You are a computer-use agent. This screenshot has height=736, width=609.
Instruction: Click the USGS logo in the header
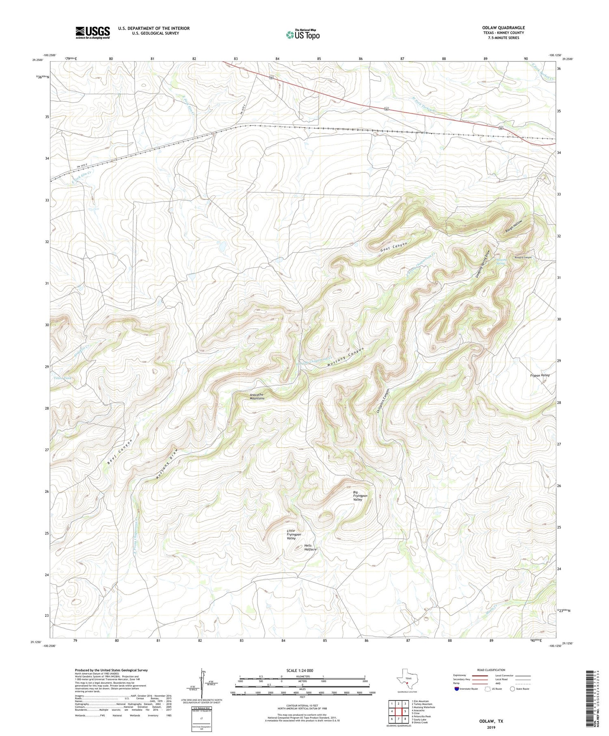[x=93, y=32]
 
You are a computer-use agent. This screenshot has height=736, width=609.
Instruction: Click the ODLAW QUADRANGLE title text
[x=503, y=28]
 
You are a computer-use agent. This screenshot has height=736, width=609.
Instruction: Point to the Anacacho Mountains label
[x=257, y=396]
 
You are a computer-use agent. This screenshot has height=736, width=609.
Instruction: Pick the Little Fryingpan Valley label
[x=291, y=534]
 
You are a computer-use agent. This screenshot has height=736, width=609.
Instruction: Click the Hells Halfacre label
[x=310, y=547]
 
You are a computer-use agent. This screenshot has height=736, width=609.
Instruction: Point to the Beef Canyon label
[x=120, y=452]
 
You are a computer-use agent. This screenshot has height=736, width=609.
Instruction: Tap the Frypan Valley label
[x=540, y=375]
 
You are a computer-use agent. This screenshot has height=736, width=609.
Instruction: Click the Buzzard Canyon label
[x=523, y=257]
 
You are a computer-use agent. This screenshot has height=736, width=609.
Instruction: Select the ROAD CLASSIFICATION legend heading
[x=491, y=670]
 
